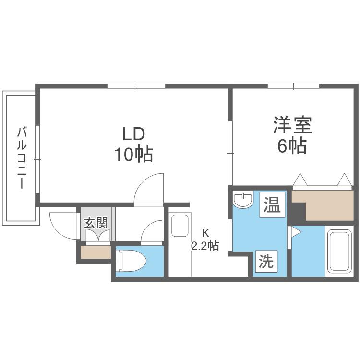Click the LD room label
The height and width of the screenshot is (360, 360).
click(134, 134)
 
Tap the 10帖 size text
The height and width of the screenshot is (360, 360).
click(134, 154)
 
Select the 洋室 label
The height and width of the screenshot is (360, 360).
click(292, 125)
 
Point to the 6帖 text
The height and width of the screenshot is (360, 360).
click(292, 145)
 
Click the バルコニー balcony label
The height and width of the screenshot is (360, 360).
click(22, 158)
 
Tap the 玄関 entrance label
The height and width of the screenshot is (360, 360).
click(96, 223)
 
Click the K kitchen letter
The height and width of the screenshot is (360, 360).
click(205, 233)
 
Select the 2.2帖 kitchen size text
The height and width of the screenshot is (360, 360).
click(205, 246)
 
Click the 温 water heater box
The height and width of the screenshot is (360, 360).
click(272, 205)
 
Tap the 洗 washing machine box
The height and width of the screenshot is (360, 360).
click(266, 261)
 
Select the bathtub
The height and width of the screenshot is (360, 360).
click(339, 251)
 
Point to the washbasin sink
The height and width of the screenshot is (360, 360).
click(243, 199)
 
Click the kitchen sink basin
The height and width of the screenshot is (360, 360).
click(180, 226)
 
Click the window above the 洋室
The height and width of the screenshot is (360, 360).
click(293, 86)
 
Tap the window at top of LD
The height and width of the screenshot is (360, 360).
click(136, 86)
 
